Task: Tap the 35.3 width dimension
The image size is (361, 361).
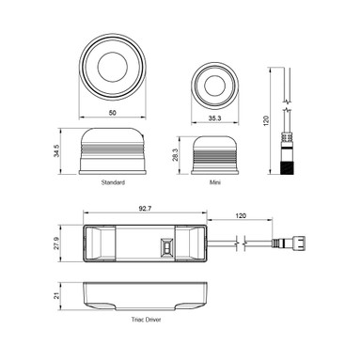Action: [216, 118]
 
